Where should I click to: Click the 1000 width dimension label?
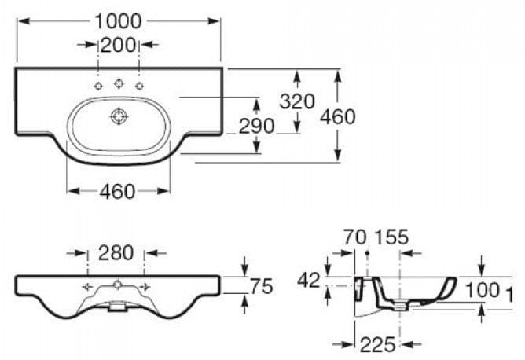pyautogui.click(x=119, y=21)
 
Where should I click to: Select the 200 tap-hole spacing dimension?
pyautogui.click(x=119, y=45)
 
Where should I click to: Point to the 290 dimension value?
pyautogui.click(x=257, y=126)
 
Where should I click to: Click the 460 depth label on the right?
pyautogui.click(x=338, y=116)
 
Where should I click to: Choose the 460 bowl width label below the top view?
pyautogui.click(x=118, y=191)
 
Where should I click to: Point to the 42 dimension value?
pyautogui.click(x=309, y=279)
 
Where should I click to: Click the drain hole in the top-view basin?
pyautogui.click(x=119, y=117)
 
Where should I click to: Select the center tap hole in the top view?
pyautogui.click(x=119, y=83)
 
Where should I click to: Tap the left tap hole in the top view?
pyautogui.click(x=98, y=86)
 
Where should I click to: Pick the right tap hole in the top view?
pyautogui.click(x=139, y=86)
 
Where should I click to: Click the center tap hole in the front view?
pyautogui.click(x=117, y=284)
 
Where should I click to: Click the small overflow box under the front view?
pyautogui.click(x=118, y=308)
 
